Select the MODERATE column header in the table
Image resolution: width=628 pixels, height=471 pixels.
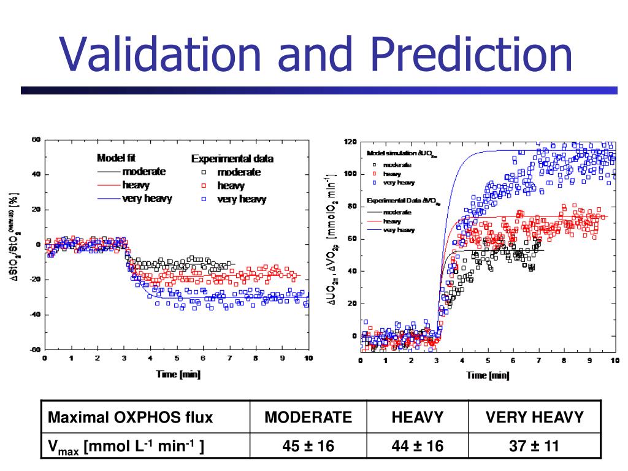pos(308,418)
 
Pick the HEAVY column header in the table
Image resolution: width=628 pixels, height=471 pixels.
pos(417,418)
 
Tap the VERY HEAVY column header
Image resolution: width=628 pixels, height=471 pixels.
pos(534,418)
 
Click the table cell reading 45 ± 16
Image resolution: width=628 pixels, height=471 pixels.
pos(308,446)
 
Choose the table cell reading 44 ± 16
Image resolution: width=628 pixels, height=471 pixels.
pos(417,446)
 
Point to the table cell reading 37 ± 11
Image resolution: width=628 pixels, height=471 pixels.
pos(534,446)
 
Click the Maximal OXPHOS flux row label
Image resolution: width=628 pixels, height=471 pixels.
pos(131,418)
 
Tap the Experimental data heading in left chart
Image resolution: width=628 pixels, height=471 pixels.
pos(232,159)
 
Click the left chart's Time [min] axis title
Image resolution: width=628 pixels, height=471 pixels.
pos(178,373)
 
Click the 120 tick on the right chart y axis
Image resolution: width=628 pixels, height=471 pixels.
pos(350,142)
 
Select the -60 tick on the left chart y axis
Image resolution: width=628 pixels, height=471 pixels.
pos(35,350)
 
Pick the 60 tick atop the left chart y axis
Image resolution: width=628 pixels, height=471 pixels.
pos(36,140)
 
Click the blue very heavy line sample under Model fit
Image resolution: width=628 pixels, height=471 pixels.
pos(108,199)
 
